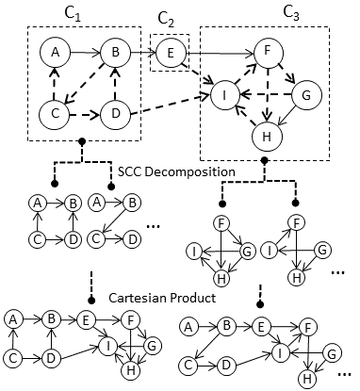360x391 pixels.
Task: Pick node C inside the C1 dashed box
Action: click(56, 116)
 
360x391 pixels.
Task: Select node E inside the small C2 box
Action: click(171, 53)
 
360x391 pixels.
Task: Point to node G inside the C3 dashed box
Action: click(305, 95)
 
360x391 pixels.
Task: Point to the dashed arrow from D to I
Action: click(170, 106)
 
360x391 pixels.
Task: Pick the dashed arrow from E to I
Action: click(198, 73)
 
